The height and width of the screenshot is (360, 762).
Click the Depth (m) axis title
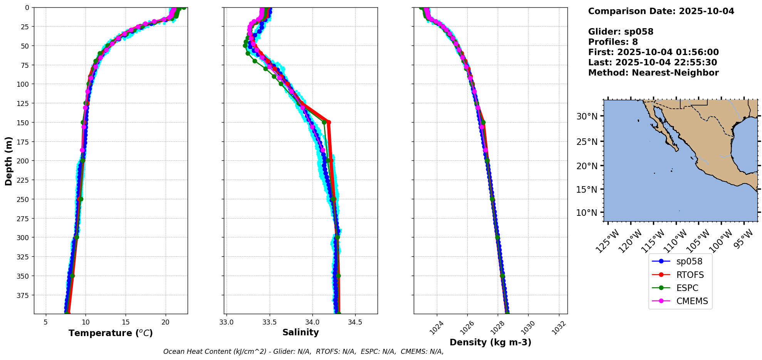coord(8,161)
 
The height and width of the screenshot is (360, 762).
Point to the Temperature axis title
coord(111,333)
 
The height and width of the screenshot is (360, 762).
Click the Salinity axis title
coord(300,332)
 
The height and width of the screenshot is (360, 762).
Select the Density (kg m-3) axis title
coord(490,342)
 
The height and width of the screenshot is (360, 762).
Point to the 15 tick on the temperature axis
coord(126,322)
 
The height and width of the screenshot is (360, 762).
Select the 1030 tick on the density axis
coord(528,328)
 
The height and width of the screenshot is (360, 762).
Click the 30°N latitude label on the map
coord(587,116)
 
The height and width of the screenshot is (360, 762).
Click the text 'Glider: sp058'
coord(621,32)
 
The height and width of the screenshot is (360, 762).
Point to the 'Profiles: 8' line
coord(613,42)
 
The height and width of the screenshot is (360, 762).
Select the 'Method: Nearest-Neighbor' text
coord(653,73)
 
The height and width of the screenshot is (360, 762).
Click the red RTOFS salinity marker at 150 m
coord(329,122)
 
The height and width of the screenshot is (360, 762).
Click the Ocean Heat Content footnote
coord(303,352)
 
